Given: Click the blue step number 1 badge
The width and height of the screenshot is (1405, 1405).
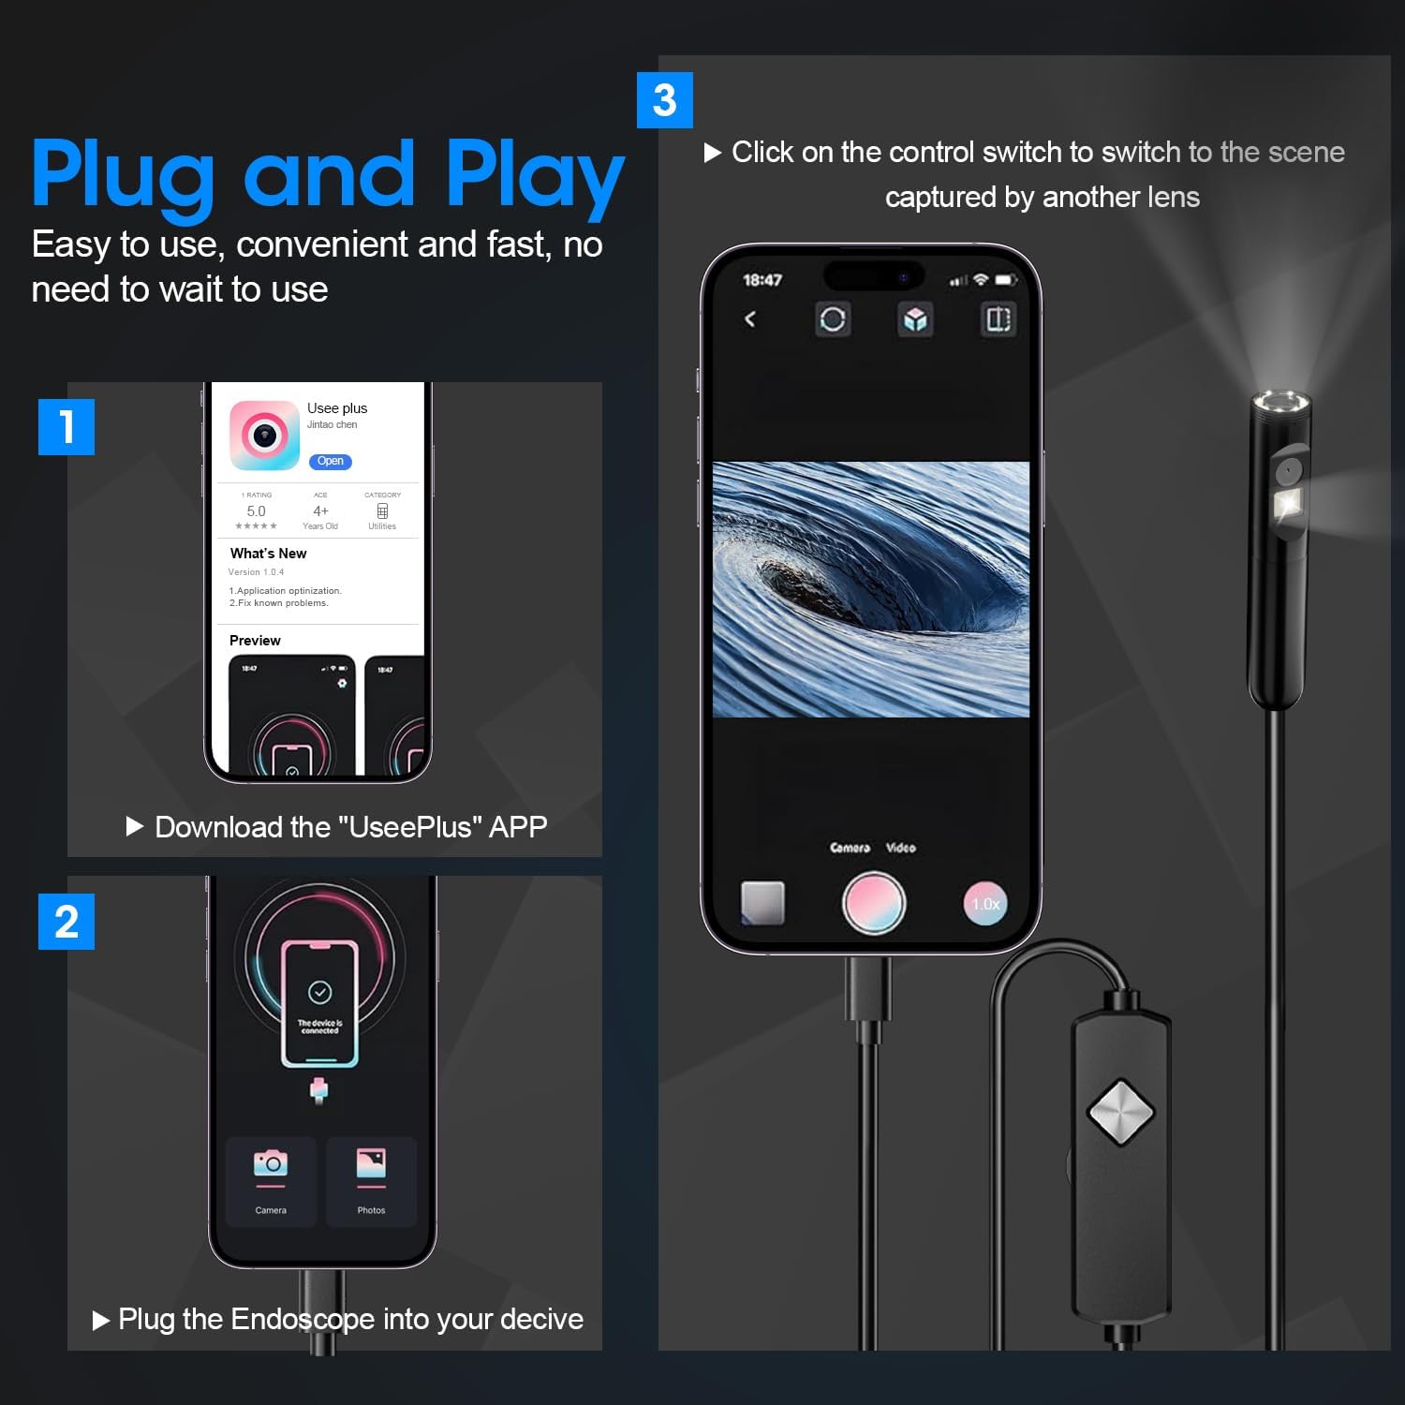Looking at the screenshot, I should coord(66,427).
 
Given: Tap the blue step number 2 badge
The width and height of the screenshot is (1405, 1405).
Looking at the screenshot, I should coord(66,922).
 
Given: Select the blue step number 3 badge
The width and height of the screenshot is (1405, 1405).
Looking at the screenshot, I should coord(664,100).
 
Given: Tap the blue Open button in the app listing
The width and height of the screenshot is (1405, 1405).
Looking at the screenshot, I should coord(330,461).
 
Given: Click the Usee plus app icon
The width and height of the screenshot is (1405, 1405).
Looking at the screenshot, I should coord(264,436).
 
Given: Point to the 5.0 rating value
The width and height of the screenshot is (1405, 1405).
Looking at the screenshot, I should coord(256,511).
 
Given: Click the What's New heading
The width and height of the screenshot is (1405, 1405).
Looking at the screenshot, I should coord(268,554).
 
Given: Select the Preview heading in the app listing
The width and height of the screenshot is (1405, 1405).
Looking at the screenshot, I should coord(255,641).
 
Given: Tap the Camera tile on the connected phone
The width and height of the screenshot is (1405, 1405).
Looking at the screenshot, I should coord(271,1180).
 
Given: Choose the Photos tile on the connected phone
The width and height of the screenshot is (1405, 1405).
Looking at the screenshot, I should coord(371,1180).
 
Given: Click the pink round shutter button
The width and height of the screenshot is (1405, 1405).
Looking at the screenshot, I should coord(874,903).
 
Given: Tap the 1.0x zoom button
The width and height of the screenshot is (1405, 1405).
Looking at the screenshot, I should coord(984,904).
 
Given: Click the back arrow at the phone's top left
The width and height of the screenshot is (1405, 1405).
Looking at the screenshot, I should coord(750,319).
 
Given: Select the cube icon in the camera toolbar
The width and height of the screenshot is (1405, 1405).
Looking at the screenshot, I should coord(915,319).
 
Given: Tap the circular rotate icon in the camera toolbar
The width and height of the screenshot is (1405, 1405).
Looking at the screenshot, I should coord(832,319).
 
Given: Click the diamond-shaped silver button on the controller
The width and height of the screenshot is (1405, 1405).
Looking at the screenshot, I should coord(1120,1112).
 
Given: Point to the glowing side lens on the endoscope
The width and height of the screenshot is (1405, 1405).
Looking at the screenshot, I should coord(1288,503).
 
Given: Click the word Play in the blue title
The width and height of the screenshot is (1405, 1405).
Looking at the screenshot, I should coord(534,175).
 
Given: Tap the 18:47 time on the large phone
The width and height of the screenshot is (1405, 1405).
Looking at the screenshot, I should coord(762,280).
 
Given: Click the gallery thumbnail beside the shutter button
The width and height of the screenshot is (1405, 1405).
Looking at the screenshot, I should coord(762,903).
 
